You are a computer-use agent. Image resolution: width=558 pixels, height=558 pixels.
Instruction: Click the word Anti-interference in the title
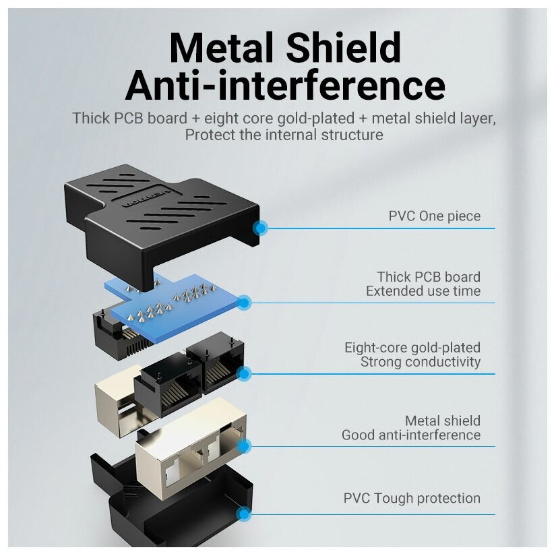pos(284,86)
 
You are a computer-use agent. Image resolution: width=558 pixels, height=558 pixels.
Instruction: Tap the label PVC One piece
pos(434,216)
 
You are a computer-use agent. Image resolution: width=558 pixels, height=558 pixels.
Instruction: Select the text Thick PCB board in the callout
pos(429,276)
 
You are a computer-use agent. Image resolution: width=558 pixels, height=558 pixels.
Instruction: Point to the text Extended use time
pos(423,291)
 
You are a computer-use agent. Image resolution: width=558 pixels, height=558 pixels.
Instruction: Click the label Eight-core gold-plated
pos(412,348)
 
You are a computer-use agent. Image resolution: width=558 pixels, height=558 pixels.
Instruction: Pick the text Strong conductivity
pos(421,362)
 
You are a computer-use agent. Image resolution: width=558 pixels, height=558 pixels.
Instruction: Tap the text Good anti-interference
pos(411,435)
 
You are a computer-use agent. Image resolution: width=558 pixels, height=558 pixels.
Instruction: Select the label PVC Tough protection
pos(412,499)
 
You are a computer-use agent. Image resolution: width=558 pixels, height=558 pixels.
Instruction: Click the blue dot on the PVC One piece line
pos(259,228)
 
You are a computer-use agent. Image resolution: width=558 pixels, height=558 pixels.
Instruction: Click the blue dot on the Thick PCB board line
pos(244,303)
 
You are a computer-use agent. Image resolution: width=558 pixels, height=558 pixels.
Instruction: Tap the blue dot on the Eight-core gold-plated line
pos(244,373)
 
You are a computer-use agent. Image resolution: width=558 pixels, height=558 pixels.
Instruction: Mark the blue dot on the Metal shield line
pos(244,445)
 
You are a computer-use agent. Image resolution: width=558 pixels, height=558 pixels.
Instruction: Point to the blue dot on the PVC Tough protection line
pos(244,515)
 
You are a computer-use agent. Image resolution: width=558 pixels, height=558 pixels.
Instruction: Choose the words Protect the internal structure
pos(284,135)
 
